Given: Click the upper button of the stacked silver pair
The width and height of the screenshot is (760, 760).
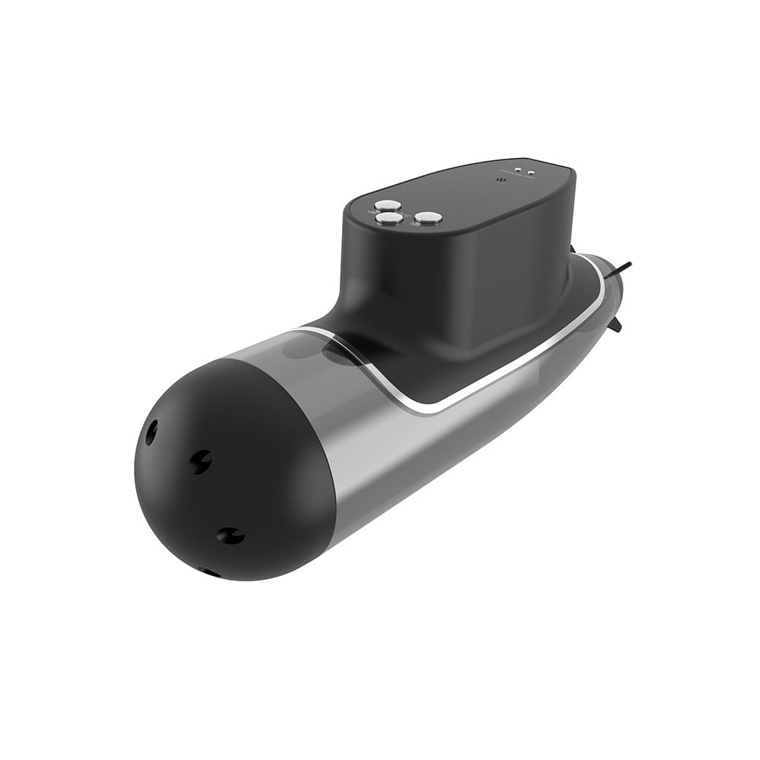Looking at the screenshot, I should pos(390,204).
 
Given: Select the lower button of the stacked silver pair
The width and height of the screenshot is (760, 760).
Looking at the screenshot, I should pos(390,219).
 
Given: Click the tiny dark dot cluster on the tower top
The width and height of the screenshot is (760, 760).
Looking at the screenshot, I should pos(500,181).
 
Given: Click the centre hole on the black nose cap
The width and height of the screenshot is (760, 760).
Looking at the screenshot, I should pos(201,461).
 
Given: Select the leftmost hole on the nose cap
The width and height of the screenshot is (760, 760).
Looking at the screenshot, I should pos(150,432).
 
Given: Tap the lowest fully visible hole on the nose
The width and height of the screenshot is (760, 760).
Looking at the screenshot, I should pos(229,535).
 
